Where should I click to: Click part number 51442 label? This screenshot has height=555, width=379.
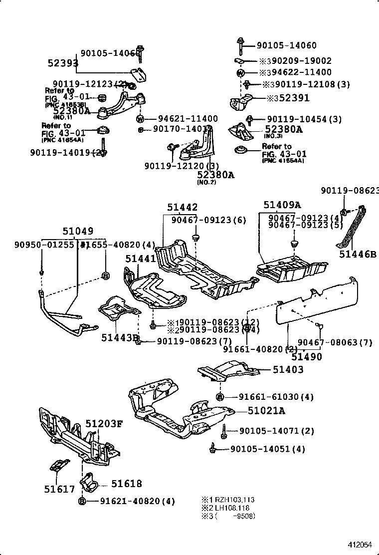pyautogui.click(x=183, y=207)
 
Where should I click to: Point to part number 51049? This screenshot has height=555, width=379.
pyautogui.click(x=77, y=232)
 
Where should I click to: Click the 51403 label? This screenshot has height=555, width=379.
pyautogui.click(x=288, y=370)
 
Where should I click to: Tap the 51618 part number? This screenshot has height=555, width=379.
pyautogui.click(x=126, y=484)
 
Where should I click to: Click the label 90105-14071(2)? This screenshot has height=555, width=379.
pyautogui.click(x=276, y=431)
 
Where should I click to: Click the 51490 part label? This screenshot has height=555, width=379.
pyautogui.click(x=307, y=357)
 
